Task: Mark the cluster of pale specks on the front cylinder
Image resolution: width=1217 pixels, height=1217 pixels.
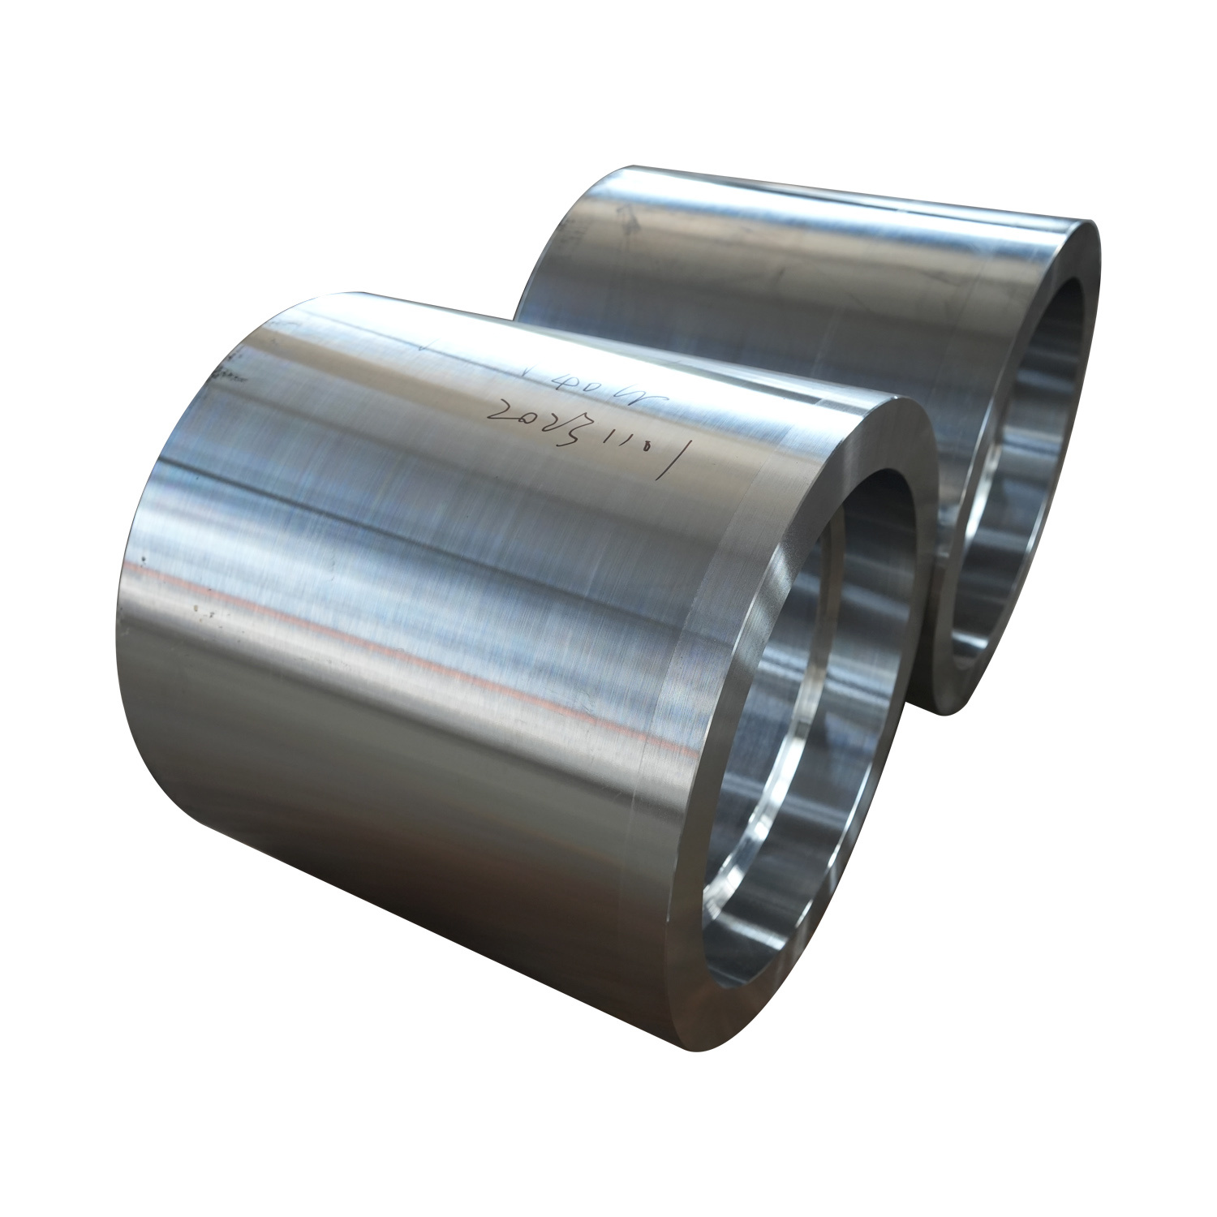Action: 199,608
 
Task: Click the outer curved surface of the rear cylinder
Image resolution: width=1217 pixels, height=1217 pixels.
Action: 771,268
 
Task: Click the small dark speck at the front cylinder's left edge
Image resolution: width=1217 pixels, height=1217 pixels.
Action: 143,559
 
